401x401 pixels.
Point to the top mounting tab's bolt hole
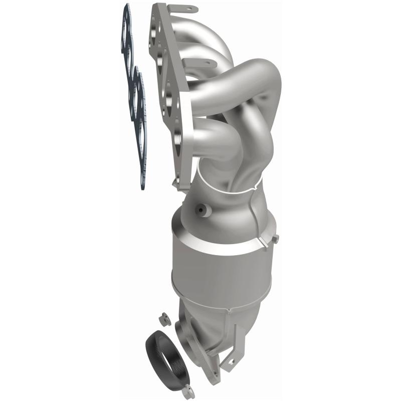click(x=191, y=9)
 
